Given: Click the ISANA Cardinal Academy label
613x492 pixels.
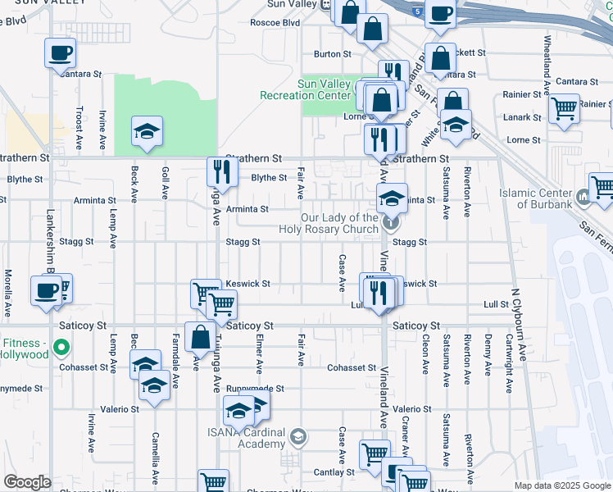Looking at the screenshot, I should (245, 438).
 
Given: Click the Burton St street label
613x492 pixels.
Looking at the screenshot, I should (332, 54).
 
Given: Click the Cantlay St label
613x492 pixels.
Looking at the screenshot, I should (334, 472).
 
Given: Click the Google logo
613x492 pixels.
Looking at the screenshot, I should (27, 482).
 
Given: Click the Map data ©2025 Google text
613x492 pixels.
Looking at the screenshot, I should (563, 485).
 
